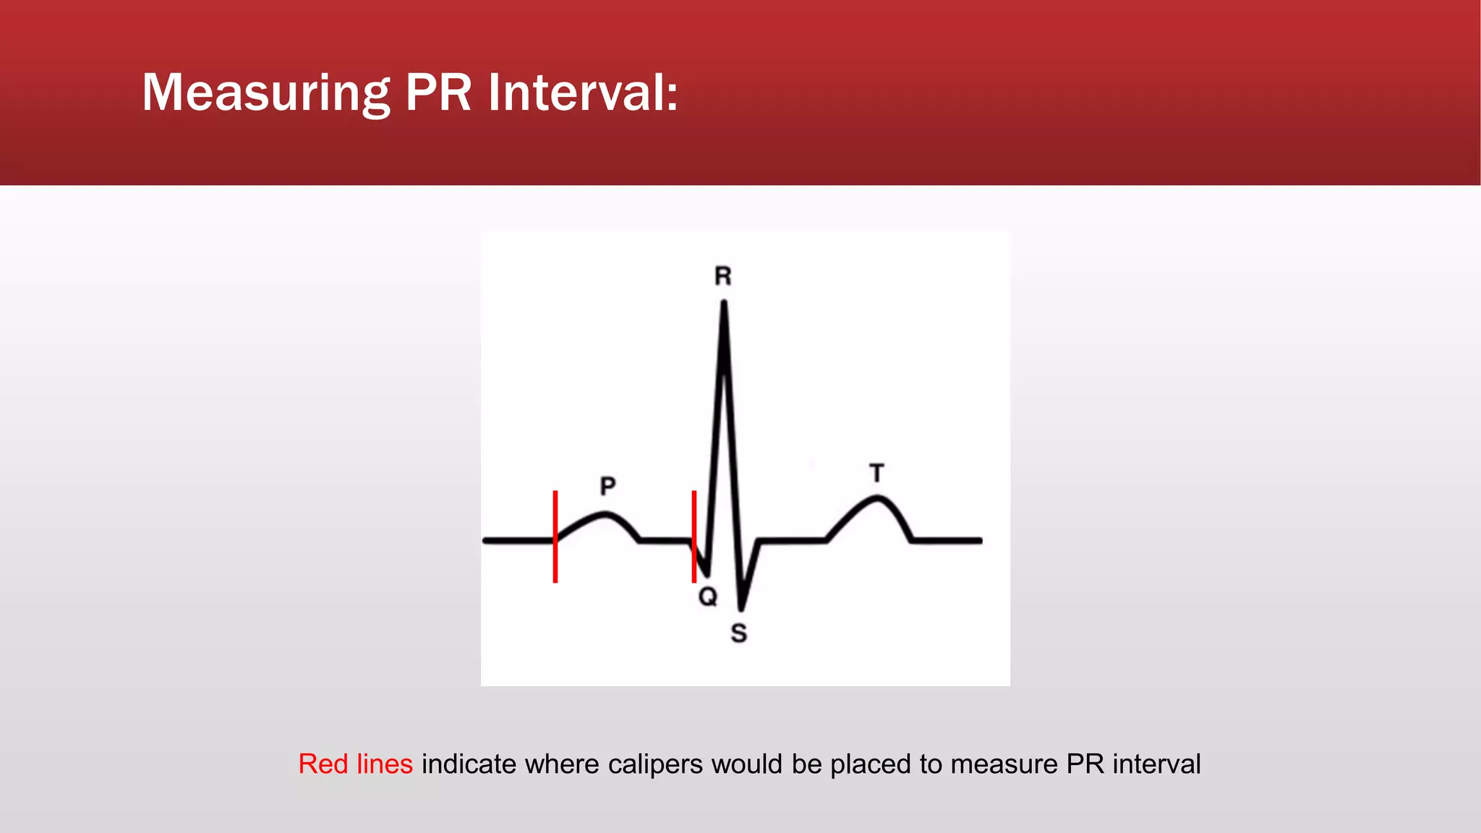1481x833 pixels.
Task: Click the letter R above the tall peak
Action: pyautogui.click(x=723, y=276)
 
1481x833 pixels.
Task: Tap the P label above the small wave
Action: pyautogui.click(x=608, y=485)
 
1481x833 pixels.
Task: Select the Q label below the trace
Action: pyautogui.click(x=708, y=597)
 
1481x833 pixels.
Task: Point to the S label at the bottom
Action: pyautogui.click(x=738, y=633)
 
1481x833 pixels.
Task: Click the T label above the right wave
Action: pyautogui.click(x=877, y=474)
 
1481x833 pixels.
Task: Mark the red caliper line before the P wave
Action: pyautogui.click(x=555, y=536)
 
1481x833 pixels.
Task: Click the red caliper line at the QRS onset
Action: pyautogui.click(x=694, y=536)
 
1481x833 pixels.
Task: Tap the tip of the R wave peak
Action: pyautogui.click(x=724, y=304)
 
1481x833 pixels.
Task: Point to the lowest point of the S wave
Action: pyautogui.click(x=741, y=608)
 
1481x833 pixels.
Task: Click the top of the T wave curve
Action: pyautogui.click(x=877, y=498)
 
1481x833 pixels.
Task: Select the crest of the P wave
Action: pyautogui.click(x=605, y=515)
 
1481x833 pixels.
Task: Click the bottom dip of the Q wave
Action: pyautogui.click(x=707, y=574)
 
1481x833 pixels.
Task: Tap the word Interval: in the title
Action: pyautogui.click(x=583, y=93)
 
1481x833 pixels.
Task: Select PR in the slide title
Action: pyautogui.click(x=438, y=93)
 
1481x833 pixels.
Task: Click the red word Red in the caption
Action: pyautogui.click(x=323, y=764)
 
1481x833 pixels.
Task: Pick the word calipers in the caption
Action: pyautogui.click(x=655, y=764)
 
